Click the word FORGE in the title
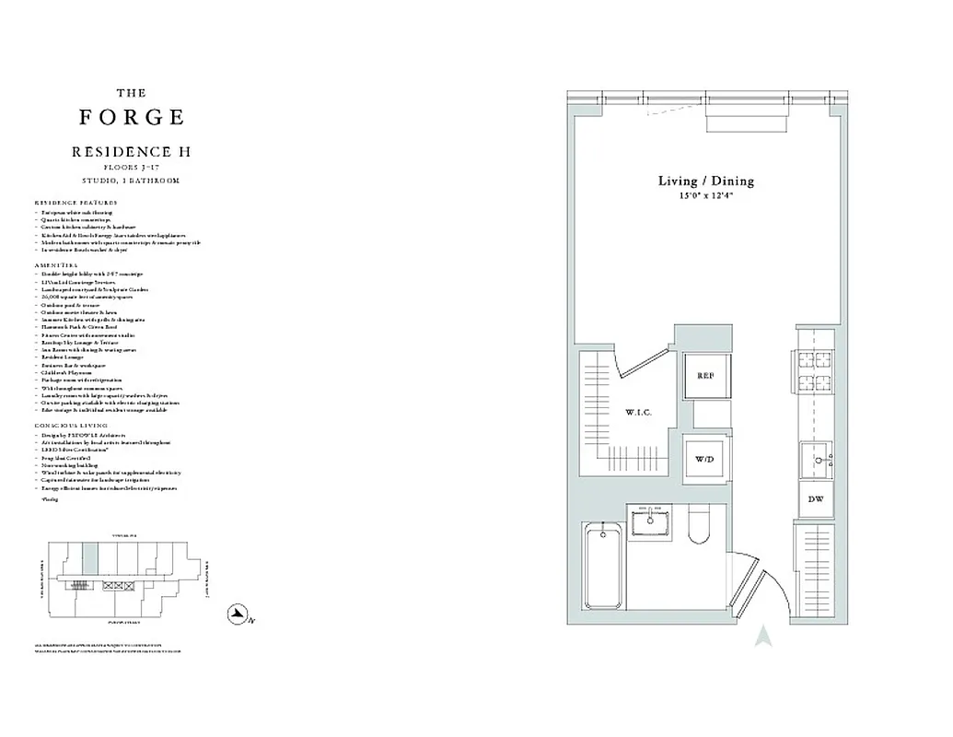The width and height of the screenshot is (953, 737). click(x=132, y=117)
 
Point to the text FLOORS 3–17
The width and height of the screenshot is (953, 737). click(x=131, y=167)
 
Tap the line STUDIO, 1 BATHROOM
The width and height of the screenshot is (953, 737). click(x=131, y=181)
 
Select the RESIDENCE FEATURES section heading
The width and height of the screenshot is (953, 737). click(x=76, y=202)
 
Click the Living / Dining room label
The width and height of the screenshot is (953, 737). click(x=705, y=181)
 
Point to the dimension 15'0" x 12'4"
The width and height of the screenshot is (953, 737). click(x=705, y=196)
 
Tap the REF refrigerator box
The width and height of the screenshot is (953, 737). click(x=706, y=376)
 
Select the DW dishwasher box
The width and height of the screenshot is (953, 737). click(x=815, y=498)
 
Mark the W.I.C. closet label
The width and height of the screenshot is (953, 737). click(x=638, y=413)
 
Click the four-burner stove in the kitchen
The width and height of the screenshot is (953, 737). click(x=814, y=373)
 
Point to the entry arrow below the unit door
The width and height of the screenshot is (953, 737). click(x=762, y=636)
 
